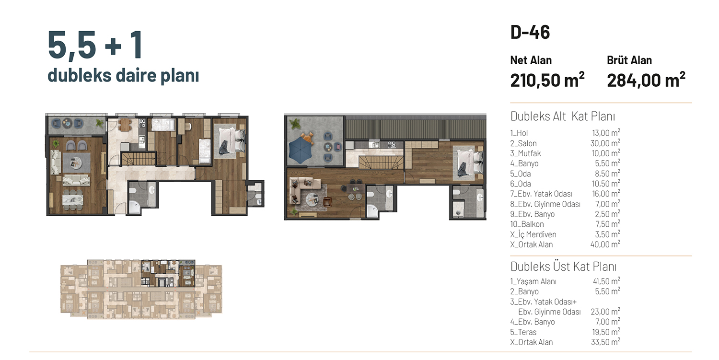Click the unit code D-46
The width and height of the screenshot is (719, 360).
pyautogui.click(x=530, y=33)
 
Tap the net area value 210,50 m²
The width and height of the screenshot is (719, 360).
pyautogui.click(x=547, y=80)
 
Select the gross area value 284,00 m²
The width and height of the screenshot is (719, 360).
pyautogui.click(x=646, y=80)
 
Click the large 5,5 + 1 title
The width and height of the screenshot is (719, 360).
pyautogui.click(x=95, y=45)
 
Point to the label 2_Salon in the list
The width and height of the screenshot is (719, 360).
pyautogui.click(x=523, y=143)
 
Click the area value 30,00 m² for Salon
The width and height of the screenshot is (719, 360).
pyautogui.click(x=605, y=143)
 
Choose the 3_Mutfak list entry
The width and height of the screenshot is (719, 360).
pyautogui.click(x=525, y=153)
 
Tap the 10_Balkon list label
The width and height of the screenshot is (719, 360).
pyautogui.click(x=527, y=224)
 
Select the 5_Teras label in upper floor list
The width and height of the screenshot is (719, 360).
pyautogui.click(x=523, y=332)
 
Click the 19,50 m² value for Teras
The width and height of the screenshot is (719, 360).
pyautogui.click(x=606, y=332)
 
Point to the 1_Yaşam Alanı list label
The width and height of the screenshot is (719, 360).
pyautogui.click(x=533, y=282)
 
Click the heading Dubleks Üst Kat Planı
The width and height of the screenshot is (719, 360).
pyautogui.click(x=563, y=267)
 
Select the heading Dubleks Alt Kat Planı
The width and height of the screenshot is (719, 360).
pyautogui.click(x=563, y=116)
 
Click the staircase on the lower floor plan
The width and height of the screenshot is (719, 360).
pyautogui.click(x=139, y=159)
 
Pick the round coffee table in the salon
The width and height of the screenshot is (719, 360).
pyautogui.click(x=76, y=163)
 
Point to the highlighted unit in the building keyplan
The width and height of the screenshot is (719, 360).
pyautogui.click(x=168, y=273)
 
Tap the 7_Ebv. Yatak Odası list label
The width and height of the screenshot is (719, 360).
pyautogui.click(x=541, y=194)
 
